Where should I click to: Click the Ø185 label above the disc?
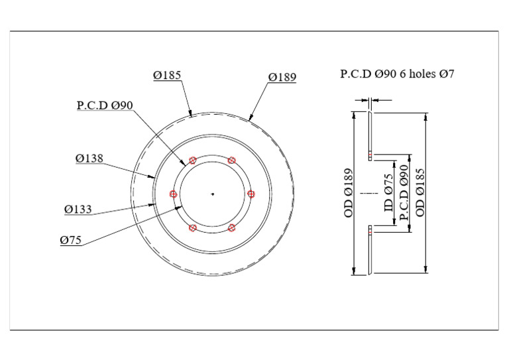click(x=167, y=76)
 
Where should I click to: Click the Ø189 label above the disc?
click(x=282, y=78)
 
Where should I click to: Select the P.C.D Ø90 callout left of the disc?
click(x=105, y=105)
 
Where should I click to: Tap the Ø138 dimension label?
click(x=89, y=158)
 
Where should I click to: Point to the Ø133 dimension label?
click(x=78, y=210)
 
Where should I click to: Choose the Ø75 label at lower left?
click(x=71, y=241)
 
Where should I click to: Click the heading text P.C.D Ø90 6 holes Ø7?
click(x=397, y=74)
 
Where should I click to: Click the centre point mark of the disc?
click(x=213, y=194)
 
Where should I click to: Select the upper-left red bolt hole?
click(x=193, y=160)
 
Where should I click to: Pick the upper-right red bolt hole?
click(x=231, y=160)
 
